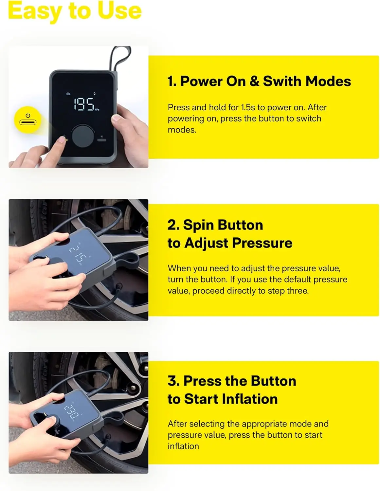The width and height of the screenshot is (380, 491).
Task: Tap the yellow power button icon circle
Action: [x=28, y=120]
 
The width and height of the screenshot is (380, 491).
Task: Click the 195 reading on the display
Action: [x=84, y=104]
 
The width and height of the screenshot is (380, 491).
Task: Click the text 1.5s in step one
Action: [x=248, y=107]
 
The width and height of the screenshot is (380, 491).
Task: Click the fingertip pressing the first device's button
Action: [x=61, y=141]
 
